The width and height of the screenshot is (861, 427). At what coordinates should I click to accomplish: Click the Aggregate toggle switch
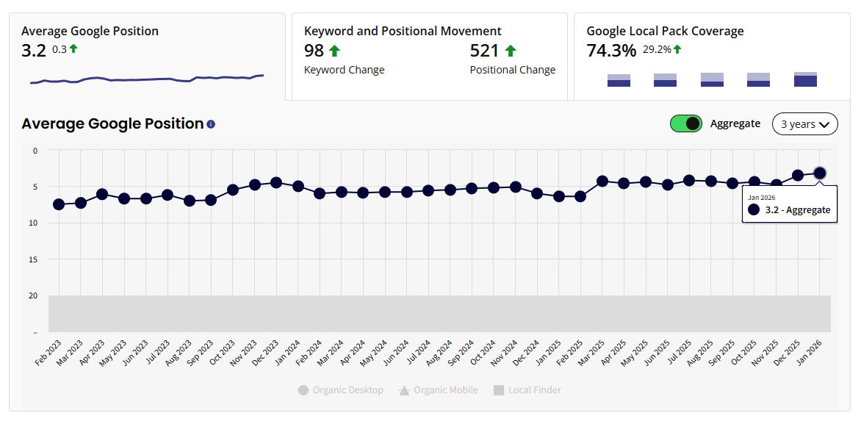[686, 123]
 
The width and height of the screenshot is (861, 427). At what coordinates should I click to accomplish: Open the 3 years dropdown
[804, 124]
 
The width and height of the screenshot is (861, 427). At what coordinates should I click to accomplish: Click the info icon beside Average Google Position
[211, 124]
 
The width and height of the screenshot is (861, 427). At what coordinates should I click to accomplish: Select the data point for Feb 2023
[59, 204]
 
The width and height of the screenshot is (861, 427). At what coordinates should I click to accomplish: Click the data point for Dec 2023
[276, 182]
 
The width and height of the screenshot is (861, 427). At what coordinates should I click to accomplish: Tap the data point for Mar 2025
[602, 181]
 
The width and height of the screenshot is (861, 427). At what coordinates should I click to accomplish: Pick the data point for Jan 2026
[820, 173]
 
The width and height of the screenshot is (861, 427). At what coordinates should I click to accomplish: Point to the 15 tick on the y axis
[34, 259]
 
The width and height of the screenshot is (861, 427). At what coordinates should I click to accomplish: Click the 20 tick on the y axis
[34, 295]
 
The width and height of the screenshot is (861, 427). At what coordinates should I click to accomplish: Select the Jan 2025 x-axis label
[551, 354]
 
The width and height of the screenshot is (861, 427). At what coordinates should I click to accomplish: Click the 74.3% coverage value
[611, 51]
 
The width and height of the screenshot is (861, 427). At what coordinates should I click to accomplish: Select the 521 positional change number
[484, 51]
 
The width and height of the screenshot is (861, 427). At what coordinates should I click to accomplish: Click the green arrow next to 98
[334, 51]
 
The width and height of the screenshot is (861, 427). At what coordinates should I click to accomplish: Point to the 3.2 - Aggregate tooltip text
[797, 210]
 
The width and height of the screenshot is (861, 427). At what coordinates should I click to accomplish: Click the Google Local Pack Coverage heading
[665, 31]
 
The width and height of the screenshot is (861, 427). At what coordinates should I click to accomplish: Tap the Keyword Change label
[344, 70]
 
